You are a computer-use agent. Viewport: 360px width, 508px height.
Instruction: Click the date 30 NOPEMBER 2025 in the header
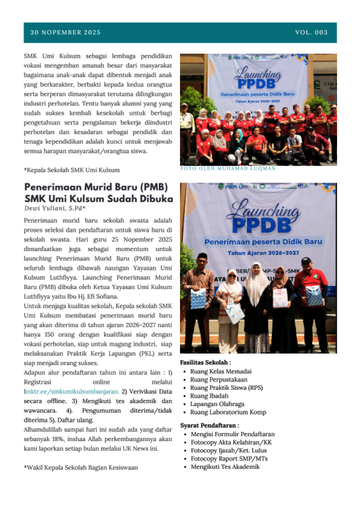[65, 32]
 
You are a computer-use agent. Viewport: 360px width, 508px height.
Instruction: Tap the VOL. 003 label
[311, 32]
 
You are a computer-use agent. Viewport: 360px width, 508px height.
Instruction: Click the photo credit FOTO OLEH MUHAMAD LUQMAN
[228, 169]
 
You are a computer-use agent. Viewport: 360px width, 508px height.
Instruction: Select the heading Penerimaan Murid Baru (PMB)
[96, 187]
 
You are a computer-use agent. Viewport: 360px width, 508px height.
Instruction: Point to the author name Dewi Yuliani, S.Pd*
[55, 208]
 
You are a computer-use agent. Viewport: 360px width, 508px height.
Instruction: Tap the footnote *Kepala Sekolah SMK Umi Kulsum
[72, 170]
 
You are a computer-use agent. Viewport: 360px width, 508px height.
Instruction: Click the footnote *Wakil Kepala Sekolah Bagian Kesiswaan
[81, 468]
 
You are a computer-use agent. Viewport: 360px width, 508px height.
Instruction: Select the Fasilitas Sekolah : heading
[205, 362]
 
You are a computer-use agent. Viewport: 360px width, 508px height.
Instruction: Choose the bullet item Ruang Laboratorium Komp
[228, 412]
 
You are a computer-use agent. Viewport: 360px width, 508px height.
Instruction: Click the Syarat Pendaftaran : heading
[209, 425]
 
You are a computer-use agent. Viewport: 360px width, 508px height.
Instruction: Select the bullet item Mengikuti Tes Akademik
[225, 467]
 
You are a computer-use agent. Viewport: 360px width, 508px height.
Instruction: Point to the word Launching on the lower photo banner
[263, 212]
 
